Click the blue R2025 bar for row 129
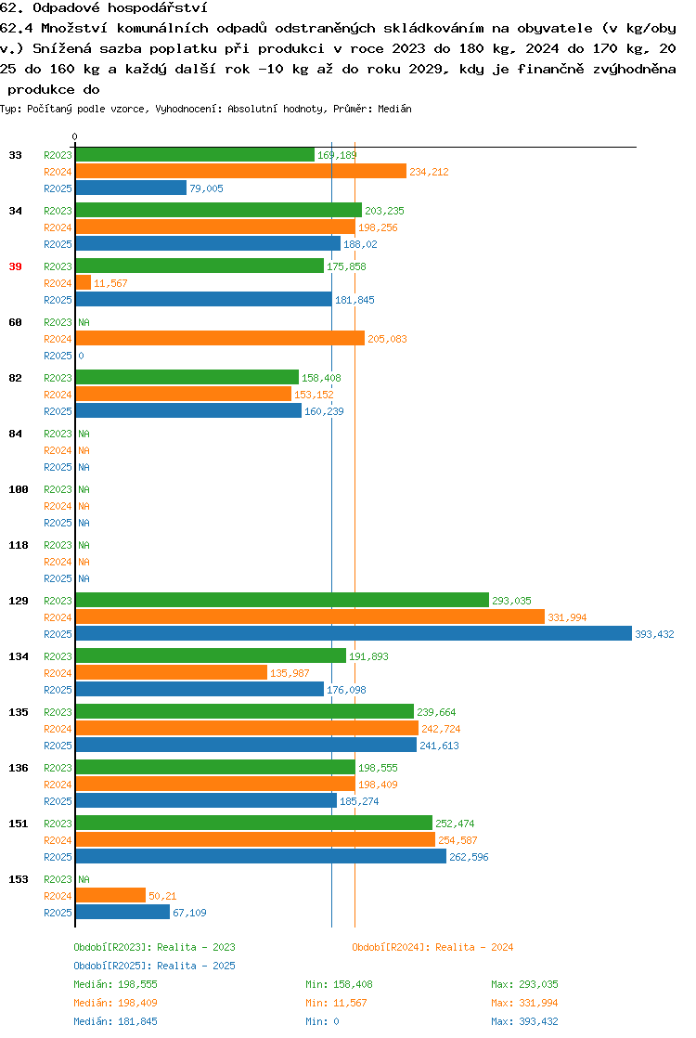[x=354, y=633]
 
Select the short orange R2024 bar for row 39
[x=84, y=282]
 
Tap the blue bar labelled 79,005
[x=131, y=188]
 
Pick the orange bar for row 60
[x=220, y=338]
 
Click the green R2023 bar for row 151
[x=254, y=823]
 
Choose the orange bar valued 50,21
[x=110, y=895]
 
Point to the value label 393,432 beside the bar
[x=654, y=634]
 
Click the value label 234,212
[x=429, y=172]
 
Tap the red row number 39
[x=15, y=266]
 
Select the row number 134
[x=19, y=656]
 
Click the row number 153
[x=19, y=879]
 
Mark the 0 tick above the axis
[x=75, y=136]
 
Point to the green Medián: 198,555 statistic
[x=115, y=984]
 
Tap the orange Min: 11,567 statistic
[x=336, y=1003]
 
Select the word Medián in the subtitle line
[x=394, y=109]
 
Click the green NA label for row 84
[x=84, y=434]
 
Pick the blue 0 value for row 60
[x=82, y=356]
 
